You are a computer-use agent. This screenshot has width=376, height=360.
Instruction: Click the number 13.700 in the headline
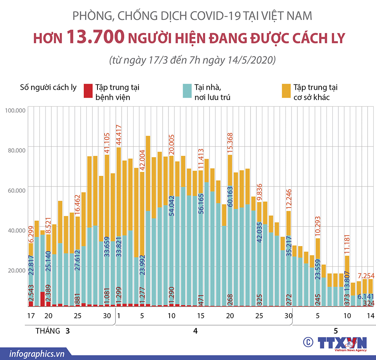pyautogui.click(x=96, y=37)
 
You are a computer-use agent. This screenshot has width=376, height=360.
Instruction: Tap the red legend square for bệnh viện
pyautogui.click(x=88, y=91)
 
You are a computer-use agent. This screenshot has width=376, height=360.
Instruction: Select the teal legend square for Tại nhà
pyautogui.click(x=187, y=91)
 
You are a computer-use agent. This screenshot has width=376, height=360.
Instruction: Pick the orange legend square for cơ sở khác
pyautogui.click(x=286, y=91)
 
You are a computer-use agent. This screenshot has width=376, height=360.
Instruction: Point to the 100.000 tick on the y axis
pyautogui.click(x=15, y=111)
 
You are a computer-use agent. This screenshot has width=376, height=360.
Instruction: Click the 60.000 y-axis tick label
pyautogui.click(x=16, y=190)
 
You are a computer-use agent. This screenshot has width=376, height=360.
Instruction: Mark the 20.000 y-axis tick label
pyautogui.click(x=16, y=270)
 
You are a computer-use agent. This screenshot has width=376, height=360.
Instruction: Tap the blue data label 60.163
pyautogui.click(x=230, y=196)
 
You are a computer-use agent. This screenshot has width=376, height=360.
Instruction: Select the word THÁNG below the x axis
pyautogui.click(x=48, y=331)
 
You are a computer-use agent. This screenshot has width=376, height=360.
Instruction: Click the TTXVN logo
pyautogui.click(x=342, y=343)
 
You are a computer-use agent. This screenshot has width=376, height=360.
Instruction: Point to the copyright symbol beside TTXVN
pyautogui.click(x=307, y=342)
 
